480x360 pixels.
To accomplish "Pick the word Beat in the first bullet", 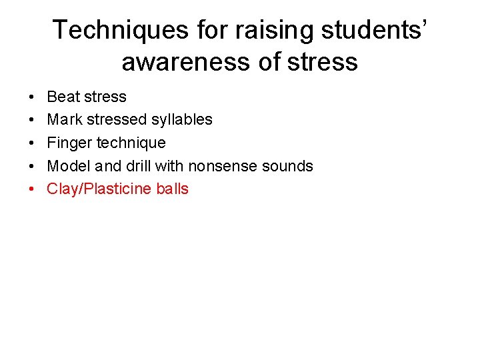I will (63, 97).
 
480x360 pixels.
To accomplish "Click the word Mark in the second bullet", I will (64, 120).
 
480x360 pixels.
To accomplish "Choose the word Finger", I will (69, 143).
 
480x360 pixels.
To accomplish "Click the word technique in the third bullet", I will (131, 143).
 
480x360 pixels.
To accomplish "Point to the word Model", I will (67, 166).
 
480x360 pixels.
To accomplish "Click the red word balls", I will (172, 189).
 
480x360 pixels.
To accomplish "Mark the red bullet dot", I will (32, 189).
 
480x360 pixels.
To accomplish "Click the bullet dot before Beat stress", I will (32, 97).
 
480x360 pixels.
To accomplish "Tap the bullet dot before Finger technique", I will (32, 143).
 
